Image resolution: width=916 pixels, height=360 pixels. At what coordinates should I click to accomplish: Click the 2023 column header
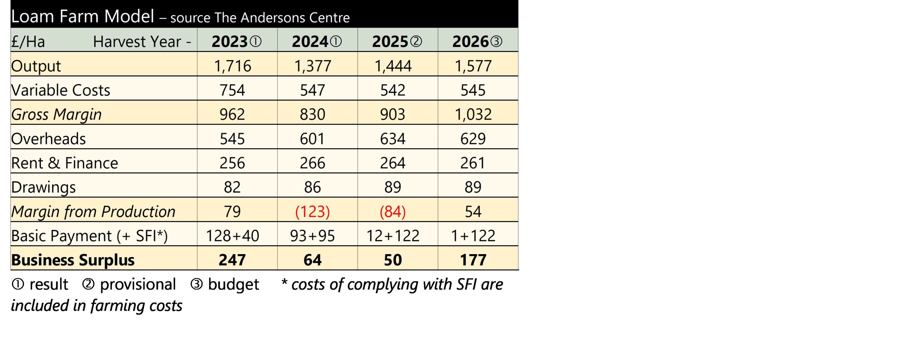click(236, 42)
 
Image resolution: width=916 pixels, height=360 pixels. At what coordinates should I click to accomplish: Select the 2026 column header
click(477, 42)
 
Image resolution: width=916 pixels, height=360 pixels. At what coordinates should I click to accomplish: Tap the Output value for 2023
click(233, 66)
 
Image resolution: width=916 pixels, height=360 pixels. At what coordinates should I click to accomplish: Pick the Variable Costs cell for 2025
click(393, 90)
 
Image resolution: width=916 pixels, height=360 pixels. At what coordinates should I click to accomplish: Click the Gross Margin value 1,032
click(473, 115)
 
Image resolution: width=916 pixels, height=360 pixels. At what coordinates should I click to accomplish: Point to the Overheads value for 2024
click(312, 139)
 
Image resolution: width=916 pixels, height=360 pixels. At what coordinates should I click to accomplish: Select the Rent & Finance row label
click(64, 163)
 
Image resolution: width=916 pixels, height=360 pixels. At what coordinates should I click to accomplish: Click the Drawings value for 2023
click(232, 187)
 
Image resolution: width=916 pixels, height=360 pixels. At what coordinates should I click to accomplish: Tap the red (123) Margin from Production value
click(312, 211)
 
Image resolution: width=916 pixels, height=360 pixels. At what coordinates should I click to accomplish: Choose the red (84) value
click(393, 211)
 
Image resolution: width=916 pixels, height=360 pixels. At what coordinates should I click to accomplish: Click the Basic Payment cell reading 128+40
click(233, 236)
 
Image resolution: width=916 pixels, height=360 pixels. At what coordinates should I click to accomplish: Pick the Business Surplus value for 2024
click(312, 260)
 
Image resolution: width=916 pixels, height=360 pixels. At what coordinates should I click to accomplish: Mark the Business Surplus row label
click(73, 260)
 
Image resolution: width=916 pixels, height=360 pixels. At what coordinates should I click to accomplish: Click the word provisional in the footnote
click(138, 284)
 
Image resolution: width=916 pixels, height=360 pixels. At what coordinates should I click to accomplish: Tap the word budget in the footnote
click(233, 284)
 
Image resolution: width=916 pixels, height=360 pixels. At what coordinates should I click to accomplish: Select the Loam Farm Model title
click(83, 16)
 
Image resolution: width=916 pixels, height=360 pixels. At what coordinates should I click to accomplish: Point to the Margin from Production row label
click(93, 211)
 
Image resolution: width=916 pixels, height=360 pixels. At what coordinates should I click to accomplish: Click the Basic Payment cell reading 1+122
click(473, 236)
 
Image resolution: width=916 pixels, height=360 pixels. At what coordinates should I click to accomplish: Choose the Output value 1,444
click(393, 66)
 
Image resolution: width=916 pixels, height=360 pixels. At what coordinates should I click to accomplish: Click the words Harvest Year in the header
click(137, 42)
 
